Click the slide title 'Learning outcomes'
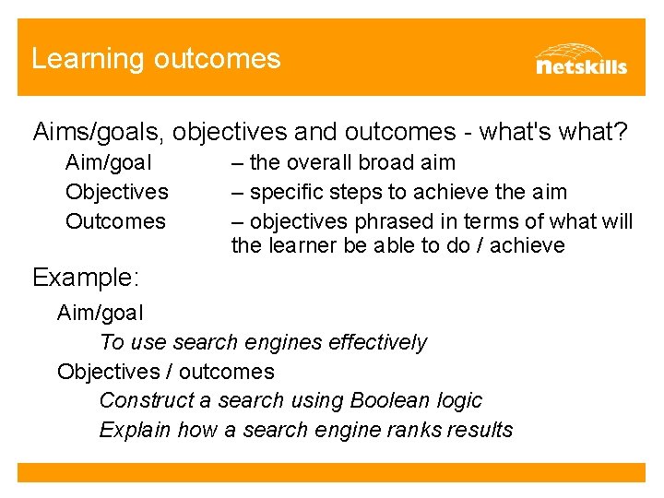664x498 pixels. click(x=155, y=59)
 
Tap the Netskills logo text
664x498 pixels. click(x=581, y=65)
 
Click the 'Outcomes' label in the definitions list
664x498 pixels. click(x=115, y=221)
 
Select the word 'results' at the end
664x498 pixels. click(x=480, y=430)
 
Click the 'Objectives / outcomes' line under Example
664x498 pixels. click(x=166, y=372)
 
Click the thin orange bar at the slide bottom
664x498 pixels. click(x=331, y=472)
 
